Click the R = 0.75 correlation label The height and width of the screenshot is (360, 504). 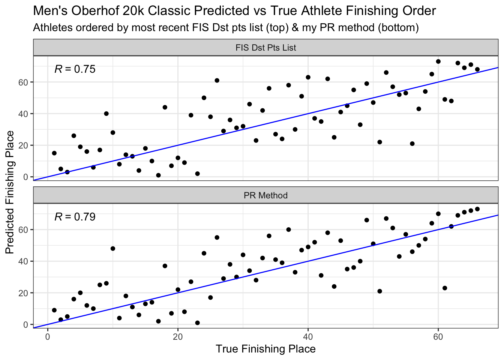pyautogui.click(x=75, y=69)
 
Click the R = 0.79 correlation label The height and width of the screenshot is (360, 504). pyautogui.click(x=75, y=217)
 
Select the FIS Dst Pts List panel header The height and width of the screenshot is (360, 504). pyautogui.click(x=265, y=48)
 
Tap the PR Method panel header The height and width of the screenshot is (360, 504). pyautogui.click(x=265, y=195)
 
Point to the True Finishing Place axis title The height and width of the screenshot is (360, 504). pyautogui.click(x=265, y=349)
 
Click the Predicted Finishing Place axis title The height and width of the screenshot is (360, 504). pyautogui.click(x=10, y=192)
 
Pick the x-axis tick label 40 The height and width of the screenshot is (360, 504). pyautogui.click(x=308, y=337)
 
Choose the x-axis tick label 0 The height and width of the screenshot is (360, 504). pyautogui.click(x=48, y=337)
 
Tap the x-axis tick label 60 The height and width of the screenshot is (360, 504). pyautogui.click(x=438, y=337)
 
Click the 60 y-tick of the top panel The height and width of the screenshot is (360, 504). pyautogui.click(x=23, y=82)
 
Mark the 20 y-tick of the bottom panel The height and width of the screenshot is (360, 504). pyautogui.click(x=23, y=293)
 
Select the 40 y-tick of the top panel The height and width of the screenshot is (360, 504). pyautogui.click(x=23, y=114)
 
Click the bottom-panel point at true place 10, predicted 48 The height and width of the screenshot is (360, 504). pyautogui.click(x=113, y=249)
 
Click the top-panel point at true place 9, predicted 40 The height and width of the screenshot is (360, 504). pyautogui.click(x=106, y=114)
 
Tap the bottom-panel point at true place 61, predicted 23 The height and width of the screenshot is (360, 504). pyautogui.click(x=445, y=288)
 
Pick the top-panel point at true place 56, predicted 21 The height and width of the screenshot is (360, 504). pyautogui.click(x=412, y=144)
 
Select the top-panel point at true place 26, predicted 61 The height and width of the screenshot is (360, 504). pyautogui.click(x=217, y=81)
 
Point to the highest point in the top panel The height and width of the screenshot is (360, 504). pyautogui.click(x=438, y=61)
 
